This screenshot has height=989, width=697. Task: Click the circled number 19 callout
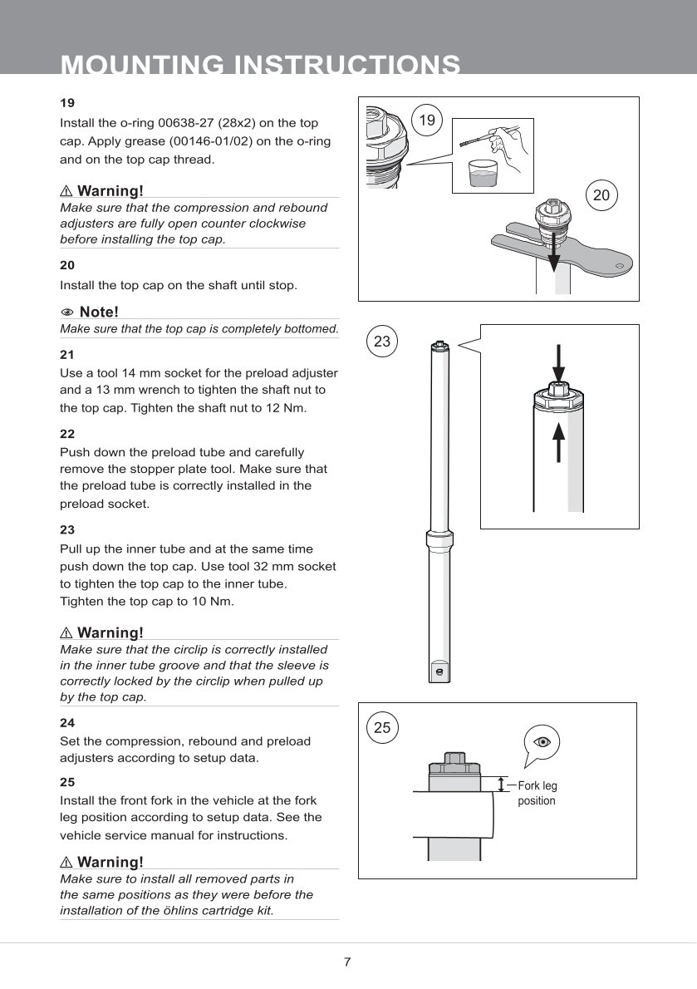coord(426,121)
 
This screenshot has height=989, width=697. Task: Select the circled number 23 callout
coord(382,342)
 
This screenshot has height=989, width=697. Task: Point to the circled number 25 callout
coord(382,727)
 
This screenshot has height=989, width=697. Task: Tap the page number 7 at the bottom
coord(347,962)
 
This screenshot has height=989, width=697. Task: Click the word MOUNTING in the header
coord(142,65)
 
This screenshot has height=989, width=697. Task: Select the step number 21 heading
coord(67,354)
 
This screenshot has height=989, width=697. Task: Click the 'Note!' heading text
coord(99,312)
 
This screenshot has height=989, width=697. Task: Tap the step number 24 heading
coord(67,723)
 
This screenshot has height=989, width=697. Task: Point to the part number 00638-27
coord(188,123)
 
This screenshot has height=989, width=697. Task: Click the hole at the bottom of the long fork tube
coord(439,668)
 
